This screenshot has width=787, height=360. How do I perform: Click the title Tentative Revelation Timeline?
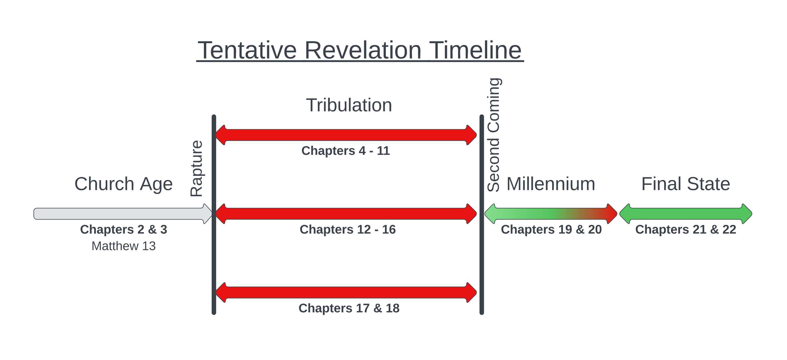tap(360, 50)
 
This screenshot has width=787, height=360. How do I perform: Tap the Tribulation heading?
tap(349, 105)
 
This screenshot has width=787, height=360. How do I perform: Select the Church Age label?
tap(124, 184)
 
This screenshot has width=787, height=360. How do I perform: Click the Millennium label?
tap(551, 184)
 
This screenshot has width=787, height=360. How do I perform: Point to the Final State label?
tap(686, 184)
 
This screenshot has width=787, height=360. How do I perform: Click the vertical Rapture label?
tap(196, 168)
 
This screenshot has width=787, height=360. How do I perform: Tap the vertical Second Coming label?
tap(493, 135)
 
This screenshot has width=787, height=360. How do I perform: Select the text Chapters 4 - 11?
tap(346, 151)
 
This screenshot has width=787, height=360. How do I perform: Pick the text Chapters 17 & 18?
tap(349, 308)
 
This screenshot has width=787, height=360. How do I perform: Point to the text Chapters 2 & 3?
tap(124, 229)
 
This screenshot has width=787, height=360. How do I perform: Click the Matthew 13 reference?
tap(124, 246)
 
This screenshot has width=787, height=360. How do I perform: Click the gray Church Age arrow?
tap(123, 214)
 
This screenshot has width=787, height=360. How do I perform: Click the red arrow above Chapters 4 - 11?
tap(346, 135)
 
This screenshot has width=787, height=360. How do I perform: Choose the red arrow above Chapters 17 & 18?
tap(346, 293)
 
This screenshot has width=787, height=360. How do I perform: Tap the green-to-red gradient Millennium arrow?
tap(551, 214)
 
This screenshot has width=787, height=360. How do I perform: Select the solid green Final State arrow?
tap(686, 214)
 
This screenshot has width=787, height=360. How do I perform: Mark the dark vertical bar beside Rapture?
tap(214, 215)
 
